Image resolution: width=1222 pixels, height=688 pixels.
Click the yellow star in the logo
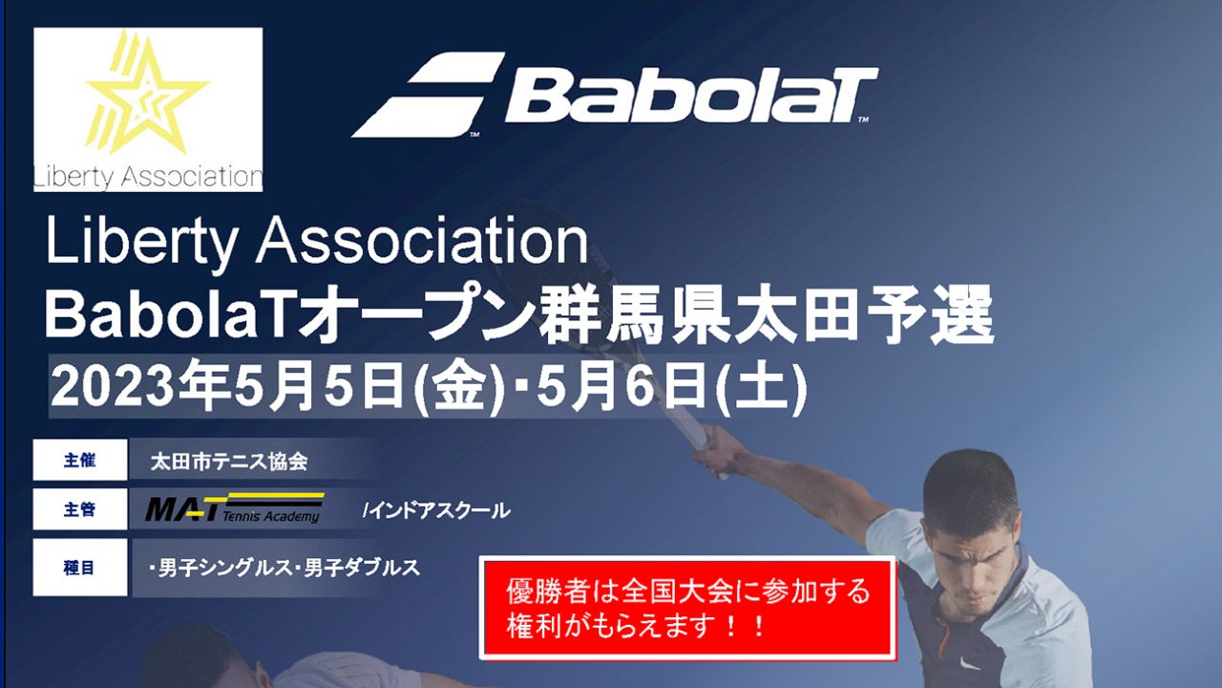coord(147,96)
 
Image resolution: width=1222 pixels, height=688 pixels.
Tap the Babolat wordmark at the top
coord(689,95)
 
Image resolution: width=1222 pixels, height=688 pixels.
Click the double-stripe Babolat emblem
coord(429,95)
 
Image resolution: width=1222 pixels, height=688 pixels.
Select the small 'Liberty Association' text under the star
coord(147,177)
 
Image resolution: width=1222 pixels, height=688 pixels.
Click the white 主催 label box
coord(80,460)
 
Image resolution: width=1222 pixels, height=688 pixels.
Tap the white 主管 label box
coord(80,509)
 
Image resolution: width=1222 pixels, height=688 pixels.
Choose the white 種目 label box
coord(80,567)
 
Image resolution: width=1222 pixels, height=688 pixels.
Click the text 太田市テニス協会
coord(229,461)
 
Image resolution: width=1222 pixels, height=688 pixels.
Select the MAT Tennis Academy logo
coord(234,508)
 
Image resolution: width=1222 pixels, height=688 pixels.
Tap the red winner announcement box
coord(687,607)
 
